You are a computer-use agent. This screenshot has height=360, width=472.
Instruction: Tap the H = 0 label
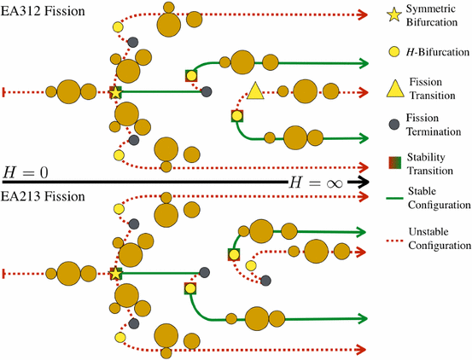coord(26,172)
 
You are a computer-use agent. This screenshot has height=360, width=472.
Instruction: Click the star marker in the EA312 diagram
coord(116,92)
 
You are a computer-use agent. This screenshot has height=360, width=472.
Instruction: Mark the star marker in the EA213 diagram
coord(116,273)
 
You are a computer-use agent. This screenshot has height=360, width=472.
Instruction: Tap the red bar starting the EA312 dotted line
coord(5,91)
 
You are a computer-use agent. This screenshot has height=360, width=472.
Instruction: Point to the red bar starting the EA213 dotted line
coord(5,273)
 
